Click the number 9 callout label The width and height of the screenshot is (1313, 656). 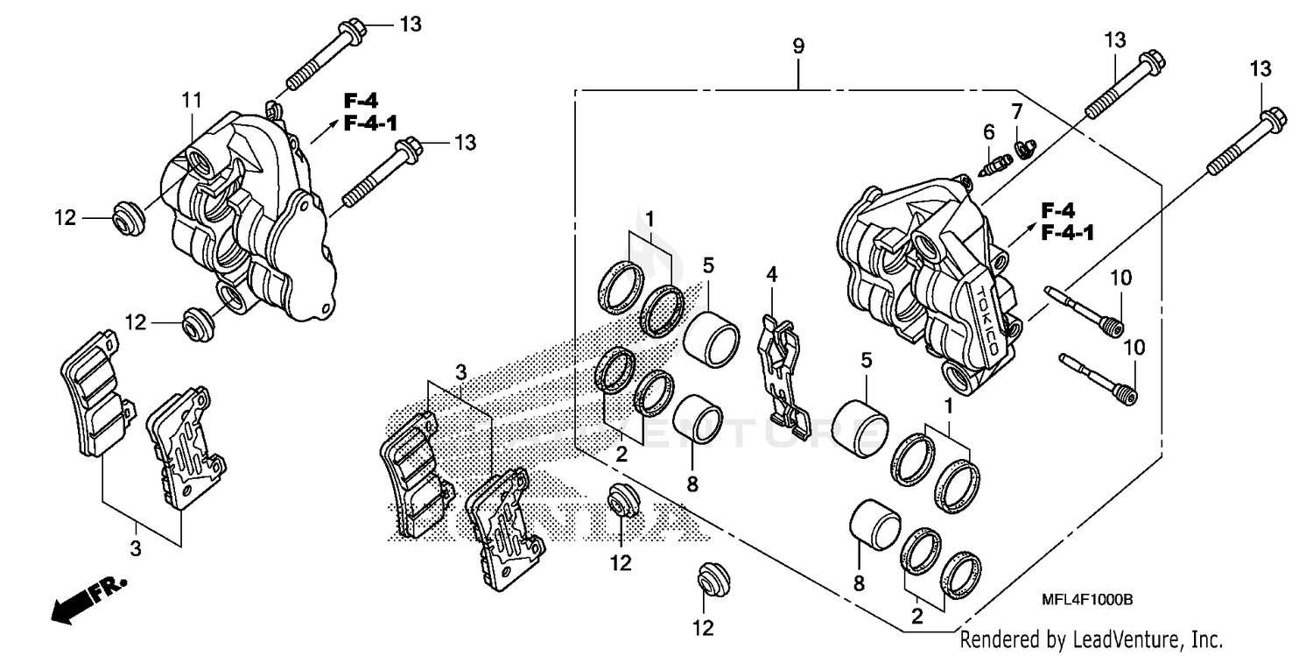tap(798, 46)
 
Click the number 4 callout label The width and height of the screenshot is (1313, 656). tap(771, 274)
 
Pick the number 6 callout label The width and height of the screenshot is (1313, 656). tap(989, 132)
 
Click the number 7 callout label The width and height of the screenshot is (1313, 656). tap(1016, 111)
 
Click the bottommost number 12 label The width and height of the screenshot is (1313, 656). tap(703, 627)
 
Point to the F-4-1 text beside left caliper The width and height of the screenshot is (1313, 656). tap(372, 123)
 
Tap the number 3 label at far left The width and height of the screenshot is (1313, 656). tap(136, 549)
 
